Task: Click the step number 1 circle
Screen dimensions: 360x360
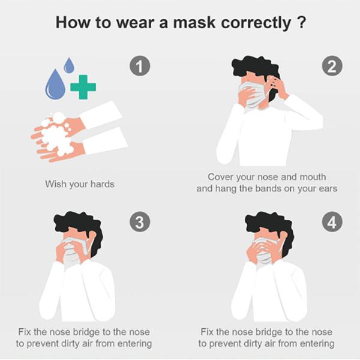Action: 140,66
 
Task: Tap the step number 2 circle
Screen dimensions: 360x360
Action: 332,66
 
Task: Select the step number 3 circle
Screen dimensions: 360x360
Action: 140,222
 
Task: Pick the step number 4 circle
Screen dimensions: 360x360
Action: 332,222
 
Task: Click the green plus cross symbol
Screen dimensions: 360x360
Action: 83,87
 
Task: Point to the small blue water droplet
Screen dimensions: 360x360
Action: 69,65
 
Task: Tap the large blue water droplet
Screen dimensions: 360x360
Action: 55,85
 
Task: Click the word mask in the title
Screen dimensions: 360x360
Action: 194,23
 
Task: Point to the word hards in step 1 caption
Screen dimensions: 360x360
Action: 103,184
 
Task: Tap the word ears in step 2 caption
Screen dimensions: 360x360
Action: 328,189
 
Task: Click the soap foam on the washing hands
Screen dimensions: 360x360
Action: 57,134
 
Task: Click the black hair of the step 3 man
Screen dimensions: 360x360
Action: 78,224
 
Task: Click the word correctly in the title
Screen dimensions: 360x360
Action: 256,23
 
